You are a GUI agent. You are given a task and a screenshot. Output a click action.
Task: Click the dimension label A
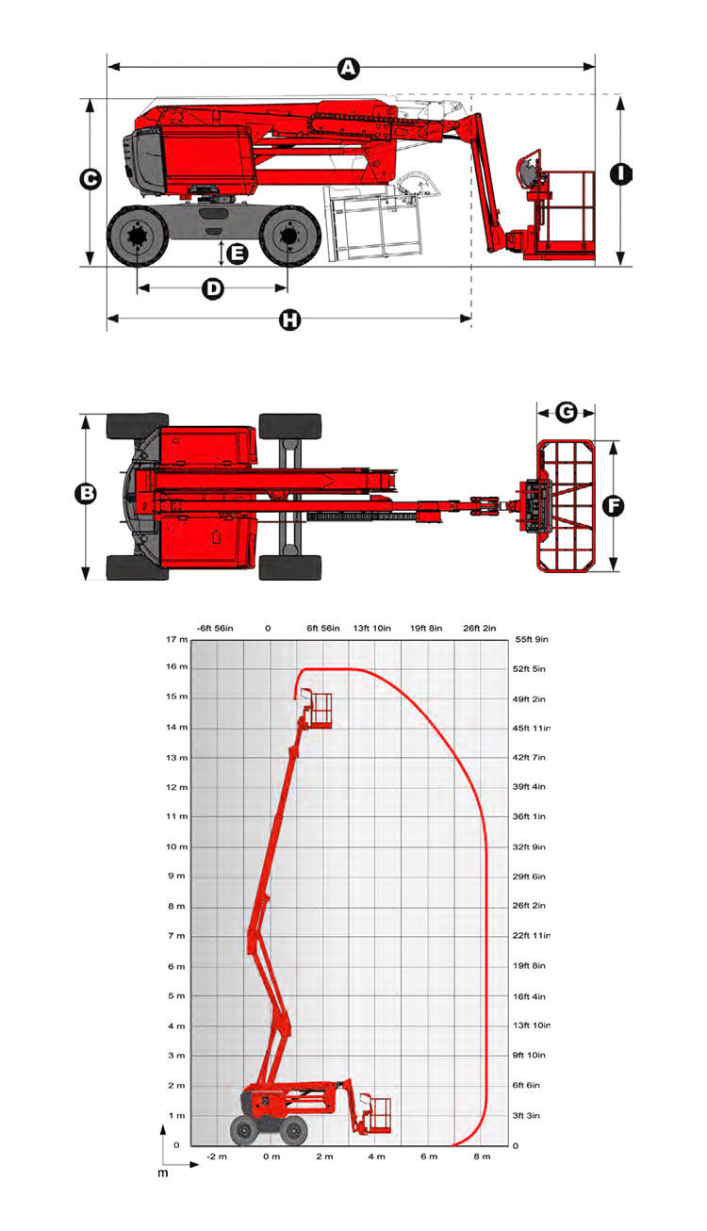(x=349, y=69)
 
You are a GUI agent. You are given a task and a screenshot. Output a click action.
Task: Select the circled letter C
(x=90, y=180)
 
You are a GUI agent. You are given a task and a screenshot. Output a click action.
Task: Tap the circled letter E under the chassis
(x=237, y=254)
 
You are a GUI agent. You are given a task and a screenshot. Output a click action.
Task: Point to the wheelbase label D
(x=213, y=288)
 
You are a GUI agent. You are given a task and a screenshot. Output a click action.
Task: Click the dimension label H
(x=289, y=320)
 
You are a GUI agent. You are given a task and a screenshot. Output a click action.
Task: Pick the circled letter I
(x=621, y=174)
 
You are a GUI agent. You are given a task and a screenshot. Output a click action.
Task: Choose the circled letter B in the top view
(x=86, y=494)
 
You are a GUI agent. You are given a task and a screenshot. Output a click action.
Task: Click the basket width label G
(x=567, y=412)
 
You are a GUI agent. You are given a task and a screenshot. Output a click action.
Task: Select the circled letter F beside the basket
(x=614, y=505)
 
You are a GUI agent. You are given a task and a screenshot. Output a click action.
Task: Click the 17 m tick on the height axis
(x=176, y=640)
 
